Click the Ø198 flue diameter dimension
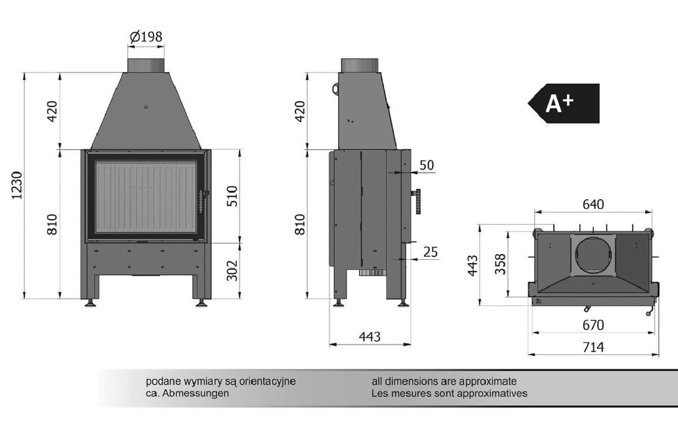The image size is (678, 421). [146, 37]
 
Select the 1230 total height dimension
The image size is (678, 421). [18, 186]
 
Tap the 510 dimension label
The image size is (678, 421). [232, 196]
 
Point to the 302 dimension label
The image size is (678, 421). [232, 270]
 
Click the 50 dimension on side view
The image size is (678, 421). [427, 165]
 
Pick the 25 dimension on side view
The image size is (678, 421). [431, 252]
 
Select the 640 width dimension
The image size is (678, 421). [593, 205]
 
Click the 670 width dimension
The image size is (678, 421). [593, 325]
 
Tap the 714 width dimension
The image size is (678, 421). [593, 347]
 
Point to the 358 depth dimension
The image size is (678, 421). [501, 264]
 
